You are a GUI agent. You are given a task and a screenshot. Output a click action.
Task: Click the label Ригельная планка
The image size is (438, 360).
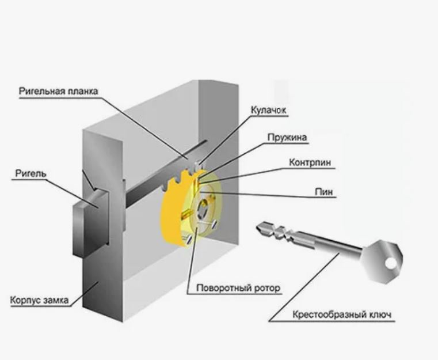[x=58, y=91]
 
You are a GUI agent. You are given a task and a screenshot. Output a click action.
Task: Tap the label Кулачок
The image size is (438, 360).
[x=268, y=110]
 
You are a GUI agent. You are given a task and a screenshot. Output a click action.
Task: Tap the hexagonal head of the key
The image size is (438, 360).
[x=387, y=260]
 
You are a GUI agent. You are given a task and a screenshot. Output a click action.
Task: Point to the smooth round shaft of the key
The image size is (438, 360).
[x=340, y=247]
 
